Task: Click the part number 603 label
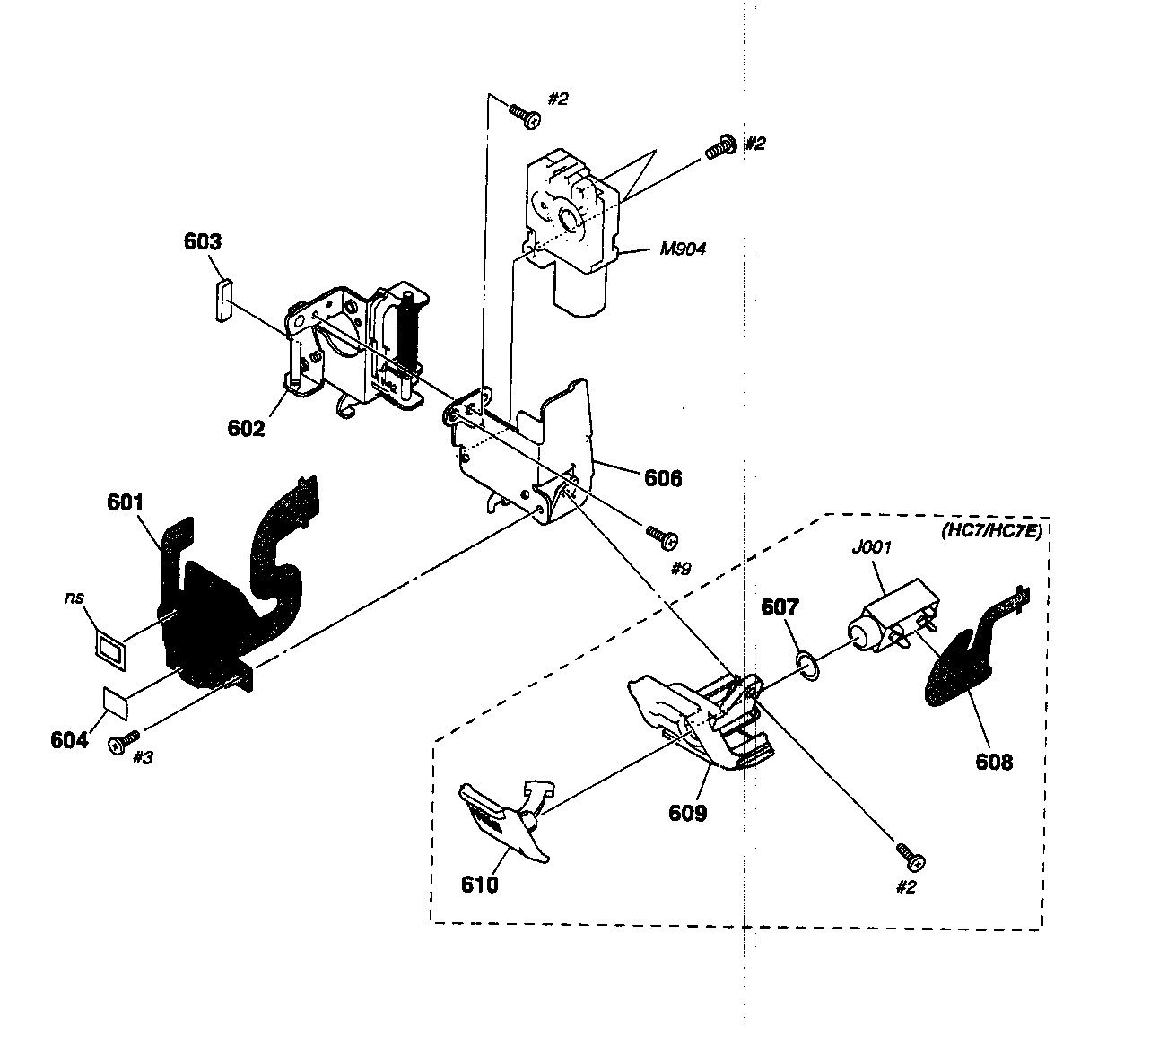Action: [x=202, y=241]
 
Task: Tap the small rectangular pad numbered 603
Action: [x=223, y=301]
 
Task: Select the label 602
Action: [x=246, y=429]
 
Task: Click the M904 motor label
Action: [x=683, y=249]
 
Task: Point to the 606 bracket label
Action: [x=663, y=478]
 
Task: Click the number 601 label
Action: [x=126, y=503]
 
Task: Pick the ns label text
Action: [x=74, y=598]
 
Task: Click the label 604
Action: [x=69, y=740]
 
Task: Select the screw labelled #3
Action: [x=124, y=742]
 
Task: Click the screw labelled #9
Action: [x=662, y=537]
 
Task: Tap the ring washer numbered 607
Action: [x=807, y=666]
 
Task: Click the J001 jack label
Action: [x=871, y=548]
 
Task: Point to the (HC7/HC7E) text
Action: [x=991, y=531]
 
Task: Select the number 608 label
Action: [x=994, y=763]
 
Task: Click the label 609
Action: [x=688, y=813]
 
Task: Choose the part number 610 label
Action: [x=479, y=885]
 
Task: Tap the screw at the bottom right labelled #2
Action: [x=911, y=858]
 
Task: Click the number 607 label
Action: [x=780, y=607]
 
